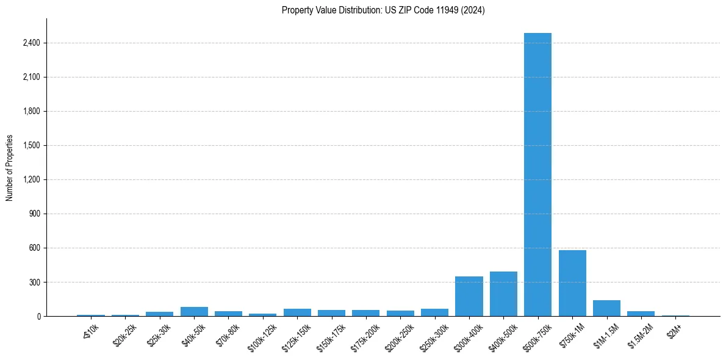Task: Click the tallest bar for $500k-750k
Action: tap(537, 175)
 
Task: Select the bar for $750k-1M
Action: tap(572, 283)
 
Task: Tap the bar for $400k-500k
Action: tap(503, 294)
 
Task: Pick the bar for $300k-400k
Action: tap(469, 297)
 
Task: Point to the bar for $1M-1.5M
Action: tap(606, 308)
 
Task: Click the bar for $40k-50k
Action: tap(194, 312)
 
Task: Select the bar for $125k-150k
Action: tap(297, 312)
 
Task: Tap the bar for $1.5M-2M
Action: tap(641, 314)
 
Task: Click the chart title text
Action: tap(383, 10)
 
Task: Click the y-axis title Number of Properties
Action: tap(10, 168)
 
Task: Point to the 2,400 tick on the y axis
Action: tap(32, 43)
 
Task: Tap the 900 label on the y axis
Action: tap(34, 214)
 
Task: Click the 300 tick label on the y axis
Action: tap(34, 283)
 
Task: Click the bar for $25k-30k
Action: tap(159, 314)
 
